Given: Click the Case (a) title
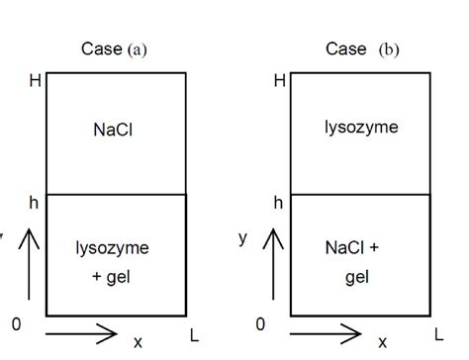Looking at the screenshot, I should [x=114, y=48].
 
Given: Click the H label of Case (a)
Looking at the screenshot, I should [x=36, y=80].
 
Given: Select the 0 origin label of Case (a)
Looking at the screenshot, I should [x=16, y=322].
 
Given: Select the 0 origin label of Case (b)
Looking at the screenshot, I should [x=260, y=322].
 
